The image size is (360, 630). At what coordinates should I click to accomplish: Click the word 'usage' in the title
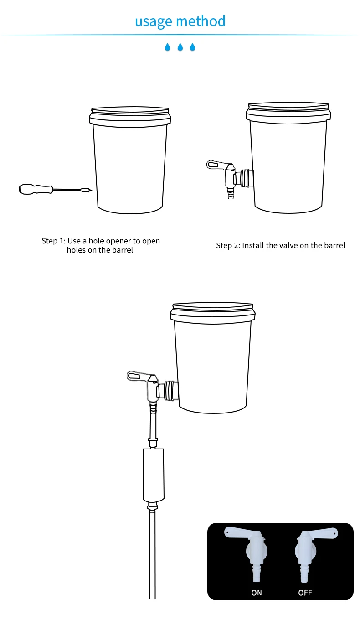pos(153,21)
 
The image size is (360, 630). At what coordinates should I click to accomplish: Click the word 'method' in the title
pos(201,21)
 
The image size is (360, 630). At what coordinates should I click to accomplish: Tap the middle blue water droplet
pos(180,47)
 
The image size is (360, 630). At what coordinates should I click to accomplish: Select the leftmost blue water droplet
pos(167,47)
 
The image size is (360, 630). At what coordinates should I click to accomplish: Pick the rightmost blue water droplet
pos(192,47)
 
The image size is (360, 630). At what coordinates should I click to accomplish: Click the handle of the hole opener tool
pos(36,189)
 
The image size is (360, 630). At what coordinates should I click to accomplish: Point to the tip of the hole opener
pos(92,191)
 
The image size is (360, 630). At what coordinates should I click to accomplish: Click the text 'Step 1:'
pos(53,241)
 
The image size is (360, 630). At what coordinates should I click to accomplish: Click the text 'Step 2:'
pos(228,246)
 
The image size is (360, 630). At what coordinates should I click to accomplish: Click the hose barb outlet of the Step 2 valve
pos(231,194)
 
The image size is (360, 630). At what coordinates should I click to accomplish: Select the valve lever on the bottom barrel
pos(139,376)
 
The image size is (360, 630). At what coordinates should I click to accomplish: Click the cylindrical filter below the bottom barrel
pos(153,475)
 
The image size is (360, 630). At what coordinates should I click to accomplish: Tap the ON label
pos(257,593)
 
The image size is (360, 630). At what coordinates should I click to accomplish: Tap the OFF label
pos(305,593)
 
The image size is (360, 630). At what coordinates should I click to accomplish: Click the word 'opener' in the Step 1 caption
pos(118,241)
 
